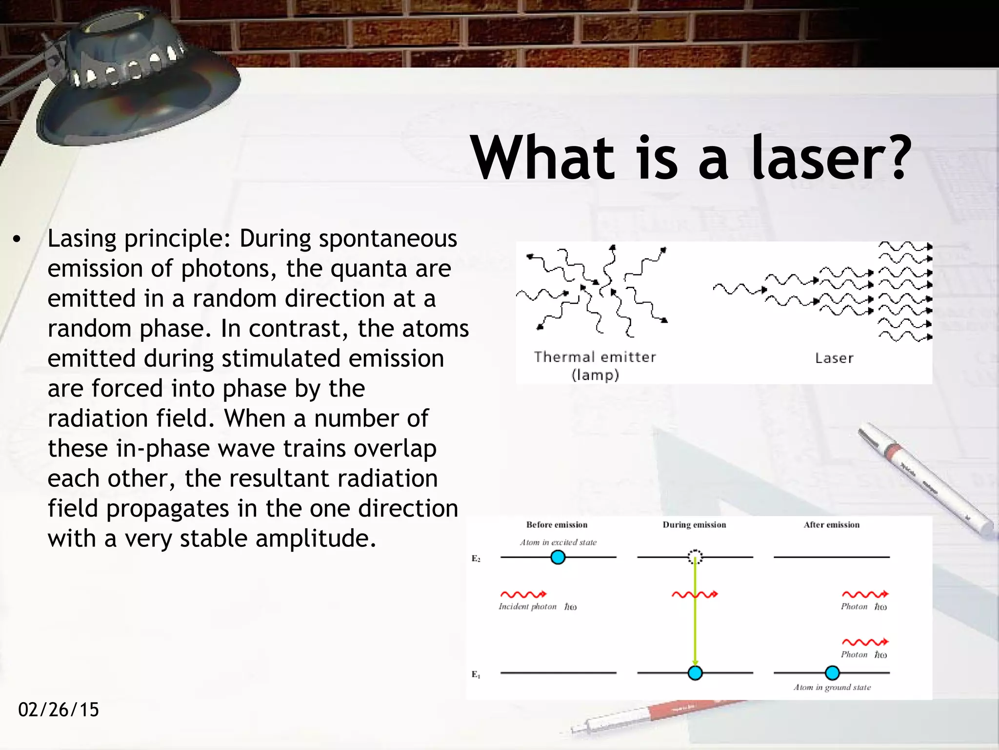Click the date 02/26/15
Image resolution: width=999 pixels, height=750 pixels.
[x=59, y=709]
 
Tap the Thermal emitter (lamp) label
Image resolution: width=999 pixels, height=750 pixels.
[x=595, y=365]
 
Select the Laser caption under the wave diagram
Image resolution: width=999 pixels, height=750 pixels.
[x=834, y=358]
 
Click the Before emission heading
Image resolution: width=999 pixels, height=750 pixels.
[x=557, y=525]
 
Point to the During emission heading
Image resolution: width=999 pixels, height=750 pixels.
[x=694, y=525]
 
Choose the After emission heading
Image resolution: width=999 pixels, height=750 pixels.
[x=832, y=525]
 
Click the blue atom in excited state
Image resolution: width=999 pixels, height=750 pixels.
[x=558, y=557]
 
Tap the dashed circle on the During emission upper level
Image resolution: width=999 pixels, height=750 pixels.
[x=695, y=557]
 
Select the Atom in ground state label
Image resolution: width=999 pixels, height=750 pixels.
[x=832, y=687]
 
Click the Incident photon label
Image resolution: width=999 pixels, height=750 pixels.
[x=528, y=607]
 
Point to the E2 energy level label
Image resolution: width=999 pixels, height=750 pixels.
[x=476, y=559]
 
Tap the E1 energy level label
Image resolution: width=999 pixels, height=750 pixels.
[x=476, y=675]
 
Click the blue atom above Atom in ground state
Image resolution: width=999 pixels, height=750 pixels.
[x=832, y=673]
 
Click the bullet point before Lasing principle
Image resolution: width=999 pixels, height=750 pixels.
[x=18, y=240]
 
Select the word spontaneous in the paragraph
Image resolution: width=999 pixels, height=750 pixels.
[x=388, y=239]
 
